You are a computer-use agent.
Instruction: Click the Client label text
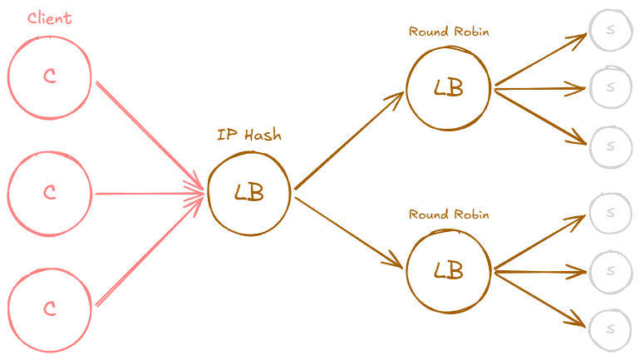click(x=49, y=18)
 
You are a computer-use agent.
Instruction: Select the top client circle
click(x=49, y=76)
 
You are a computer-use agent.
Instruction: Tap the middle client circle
click(x=49, y=193)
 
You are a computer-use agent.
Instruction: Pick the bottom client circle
click(x=49, y=308)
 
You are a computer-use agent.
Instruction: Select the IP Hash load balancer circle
click(x=249, y=193)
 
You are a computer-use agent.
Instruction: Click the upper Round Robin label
click(x=448, y=32)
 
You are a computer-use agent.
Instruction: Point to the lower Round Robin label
click(x=448, y=215)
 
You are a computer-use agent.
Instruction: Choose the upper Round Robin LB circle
click(x=448, y=88)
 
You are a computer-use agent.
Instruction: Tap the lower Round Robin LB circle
click(x=448, y=270)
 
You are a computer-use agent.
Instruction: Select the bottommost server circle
click(x=611, y=328)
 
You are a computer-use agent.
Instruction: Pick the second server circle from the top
click(x=611, y=86)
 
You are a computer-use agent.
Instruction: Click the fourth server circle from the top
click(x=611, y=213)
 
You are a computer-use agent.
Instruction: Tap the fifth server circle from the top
click(x=611, y=271)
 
